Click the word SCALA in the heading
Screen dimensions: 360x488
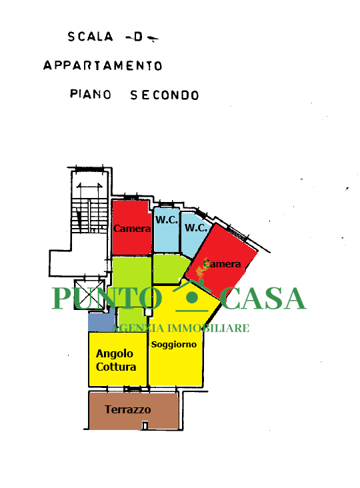[90, 37]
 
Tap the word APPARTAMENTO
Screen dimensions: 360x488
[103, 66]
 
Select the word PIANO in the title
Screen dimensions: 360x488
[91, 94]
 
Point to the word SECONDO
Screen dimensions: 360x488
[164, 95]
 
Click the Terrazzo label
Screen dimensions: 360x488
[127, 409]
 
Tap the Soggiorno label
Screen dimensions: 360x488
[173, 345]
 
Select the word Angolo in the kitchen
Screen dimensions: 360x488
[115, 354]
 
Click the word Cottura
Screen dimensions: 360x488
[116, 367]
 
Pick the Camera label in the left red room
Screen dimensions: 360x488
[132, 229]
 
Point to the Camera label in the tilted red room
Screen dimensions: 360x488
[222, 264]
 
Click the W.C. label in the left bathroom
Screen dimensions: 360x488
[167, 220]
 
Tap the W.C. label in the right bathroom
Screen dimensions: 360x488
[196, 227]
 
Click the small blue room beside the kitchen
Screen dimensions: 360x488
[101, 320]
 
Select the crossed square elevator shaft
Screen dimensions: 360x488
[89, 295]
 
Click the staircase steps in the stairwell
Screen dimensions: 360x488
[89, 215]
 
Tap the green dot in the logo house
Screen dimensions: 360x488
[192, 297]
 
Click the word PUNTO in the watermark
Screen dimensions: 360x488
[107, 298]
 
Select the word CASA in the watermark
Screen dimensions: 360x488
[265, 298]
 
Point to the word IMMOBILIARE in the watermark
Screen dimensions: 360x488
[209, 328]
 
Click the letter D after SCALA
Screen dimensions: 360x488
[138, 37]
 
